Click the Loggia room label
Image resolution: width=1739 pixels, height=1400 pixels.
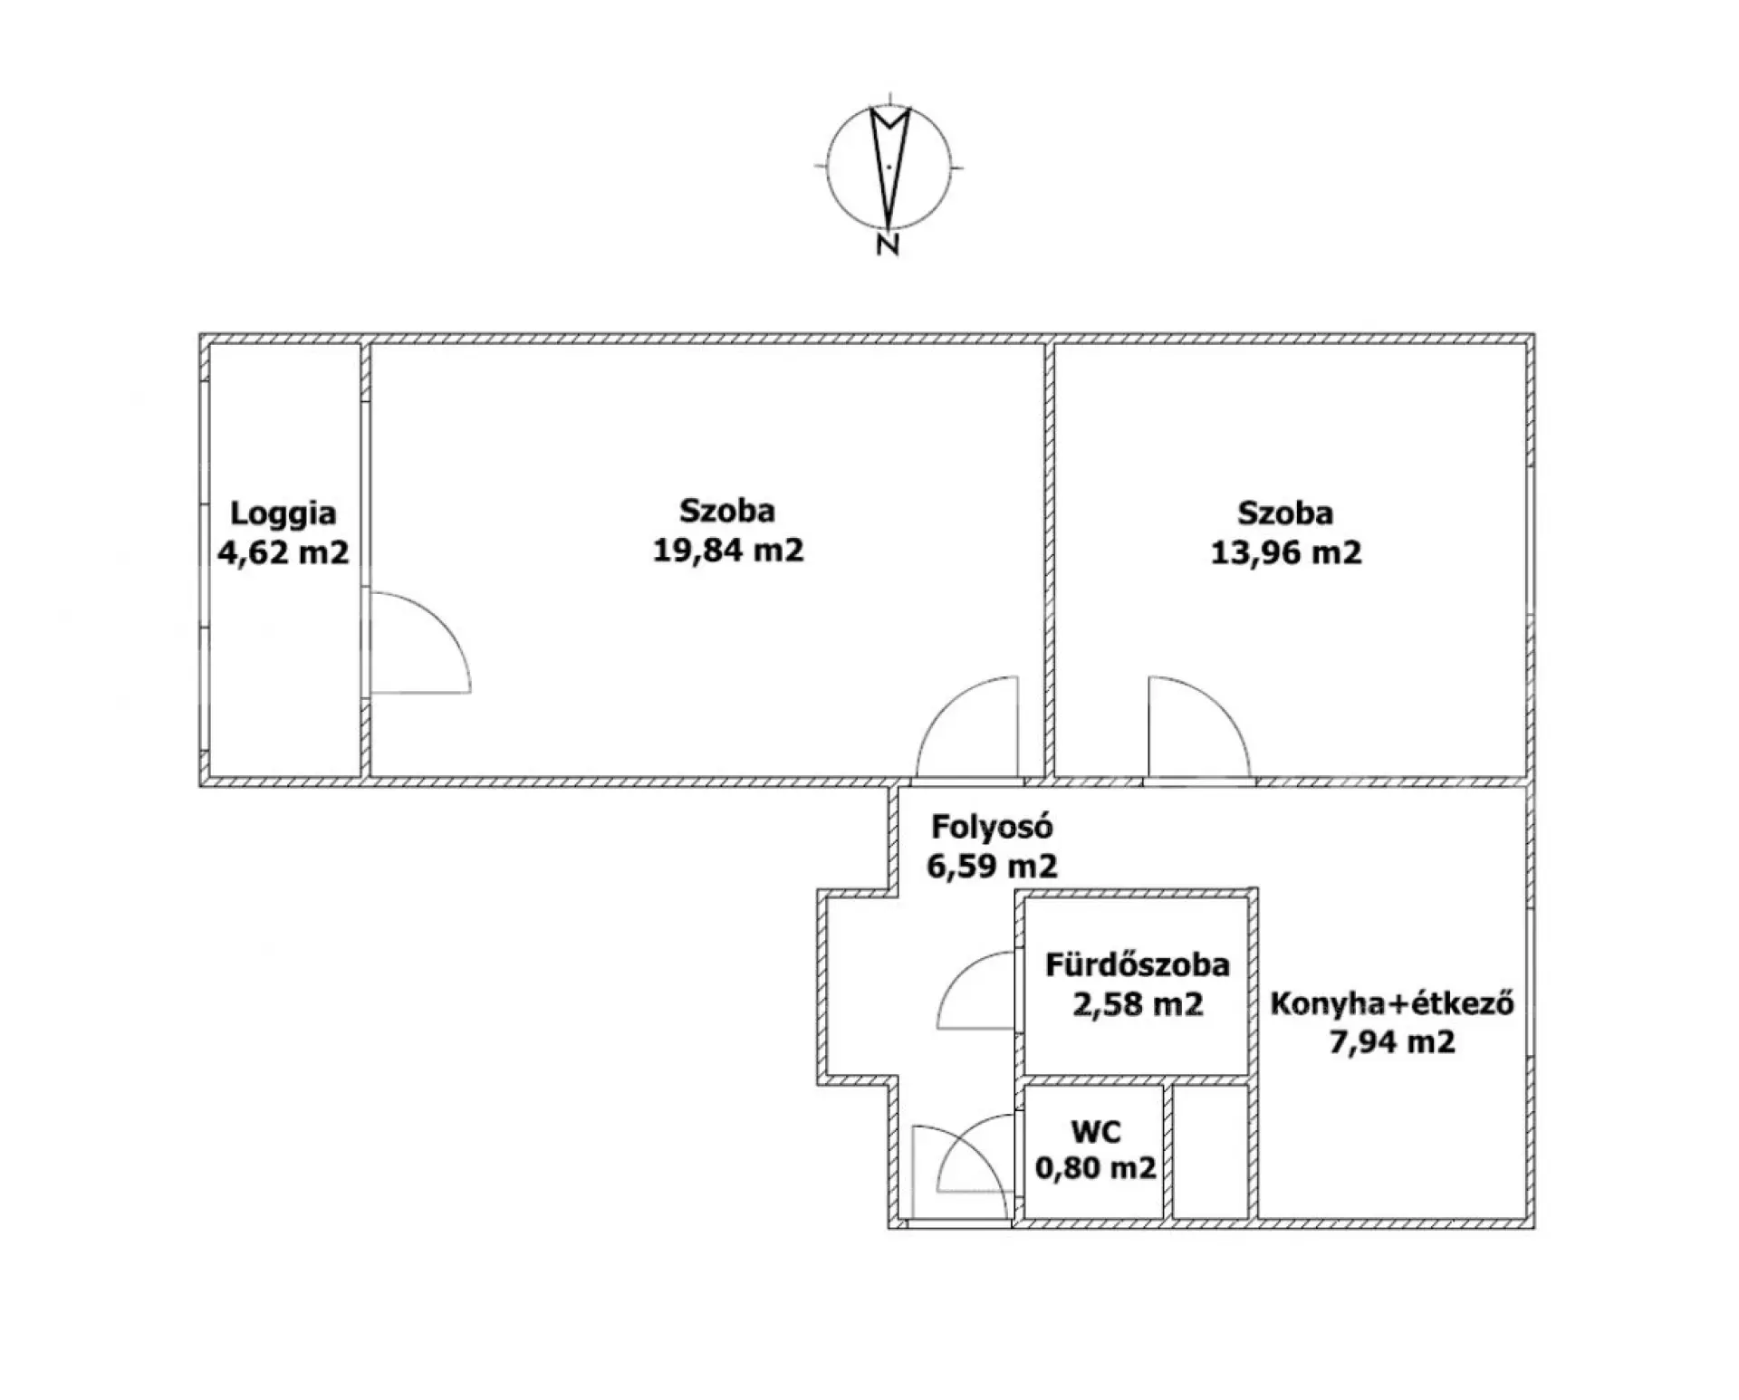click(283, 513)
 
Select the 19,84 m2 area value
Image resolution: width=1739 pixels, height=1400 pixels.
click(728, 550)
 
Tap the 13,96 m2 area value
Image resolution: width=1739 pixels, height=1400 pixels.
click(1286, 551)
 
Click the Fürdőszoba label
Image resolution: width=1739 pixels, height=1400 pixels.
click(1138, 964)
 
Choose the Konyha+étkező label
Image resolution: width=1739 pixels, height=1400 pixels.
click(1392, 1003)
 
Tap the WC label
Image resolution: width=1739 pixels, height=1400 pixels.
click(1096, 1131)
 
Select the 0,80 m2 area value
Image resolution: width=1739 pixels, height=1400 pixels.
click(1096, 1168)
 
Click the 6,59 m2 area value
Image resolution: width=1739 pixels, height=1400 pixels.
click(992, 866)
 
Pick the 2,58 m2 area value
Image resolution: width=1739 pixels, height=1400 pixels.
click(1138, 1004)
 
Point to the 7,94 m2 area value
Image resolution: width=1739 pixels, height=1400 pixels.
click(1392, 1042)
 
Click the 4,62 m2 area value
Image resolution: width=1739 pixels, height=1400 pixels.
click(283, 551)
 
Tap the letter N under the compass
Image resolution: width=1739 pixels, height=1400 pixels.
click(888, 244)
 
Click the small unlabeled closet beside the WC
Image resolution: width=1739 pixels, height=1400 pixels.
click(1211, 1151)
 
